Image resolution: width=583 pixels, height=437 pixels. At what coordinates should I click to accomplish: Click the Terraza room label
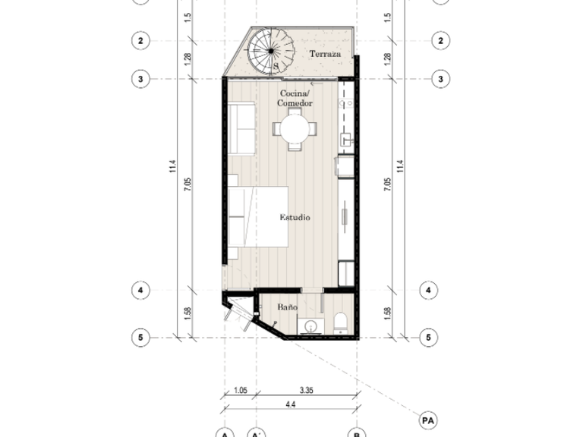click(x=325, y=54)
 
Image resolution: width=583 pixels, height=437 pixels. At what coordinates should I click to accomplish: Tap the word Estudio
click(x=295, y=218)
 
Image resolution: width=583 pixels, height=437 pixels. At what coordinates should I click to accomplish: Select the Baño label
click(x=288, y=307)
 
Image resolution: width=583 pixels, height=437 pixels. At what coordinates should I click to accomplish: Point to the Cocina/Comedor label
click(x=295, y=98)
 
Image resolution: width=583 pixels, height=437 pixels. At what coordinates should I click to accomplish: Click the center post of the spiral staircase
click(x=271, y=51)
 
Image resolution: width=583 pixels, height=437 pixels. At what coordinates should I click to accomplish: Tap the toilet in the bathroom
click(x=340, y=323)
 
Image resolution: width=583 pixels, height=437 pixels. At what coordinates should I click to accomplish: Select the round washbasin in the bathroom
click(x=310, y=327)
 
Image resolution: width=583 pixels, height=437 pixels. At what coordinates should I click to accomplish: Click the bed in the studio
click(x=258, y=217)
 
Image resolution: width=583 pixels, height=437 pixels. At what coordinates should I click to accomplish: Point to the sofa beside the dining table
click(x=241, y=128)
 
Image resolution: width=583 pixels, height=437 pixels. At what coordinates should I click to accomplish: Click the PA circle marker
click(x=428, y=420)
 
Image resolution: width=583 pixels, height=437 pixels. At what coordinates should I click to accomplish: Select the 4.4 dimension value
click(x=291, y=404)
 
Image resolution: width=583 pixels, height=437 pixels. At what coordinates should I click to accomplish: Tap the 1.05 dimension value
click(x=241, y=390)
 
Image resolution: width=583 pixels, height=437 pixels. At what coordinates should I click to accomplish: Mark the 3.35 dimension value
click(x=307, y=390)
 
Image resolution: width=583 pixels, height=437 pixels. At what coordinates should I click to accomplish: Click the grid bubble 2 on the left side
click(x=140, y=40)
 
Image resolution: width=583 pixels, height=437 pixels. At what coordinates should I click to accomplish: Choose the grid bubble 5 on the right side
click(x=428, y=338)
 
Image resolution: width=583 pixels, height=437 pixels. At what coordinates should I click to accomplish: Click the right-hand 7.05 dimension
click(x=387, y=184)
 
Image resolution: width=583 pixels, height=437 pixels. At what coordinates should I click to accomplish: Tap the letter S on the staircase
click(x=276, y=66)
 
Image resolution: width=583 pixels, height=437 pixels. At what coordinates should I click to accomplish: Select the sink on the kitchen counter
click(x=346, y=140)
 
